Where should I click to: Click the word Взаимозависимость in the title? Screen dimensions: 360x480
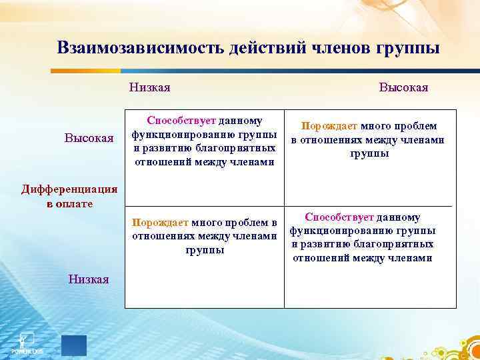141,48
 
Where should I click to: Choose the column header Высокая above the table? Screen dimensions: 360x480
403,87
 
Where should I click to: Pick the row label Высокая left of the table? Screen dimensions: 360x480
89,138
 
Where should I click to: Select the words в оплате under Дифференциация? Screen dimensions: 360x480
61,203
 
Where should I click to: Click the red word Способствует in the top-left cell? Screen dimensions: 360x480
182,121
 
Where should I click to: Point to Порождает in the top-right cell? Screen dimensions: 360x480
329,126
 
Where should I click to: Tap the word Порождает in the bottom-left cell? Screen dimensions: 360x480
161,222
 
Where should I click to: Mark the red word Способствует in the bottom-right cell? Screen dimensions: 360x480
339,217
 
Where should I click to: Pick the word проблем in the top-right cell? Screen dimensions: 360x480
414,126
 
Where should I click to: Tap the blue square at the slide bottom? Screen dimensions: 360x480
74,345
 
